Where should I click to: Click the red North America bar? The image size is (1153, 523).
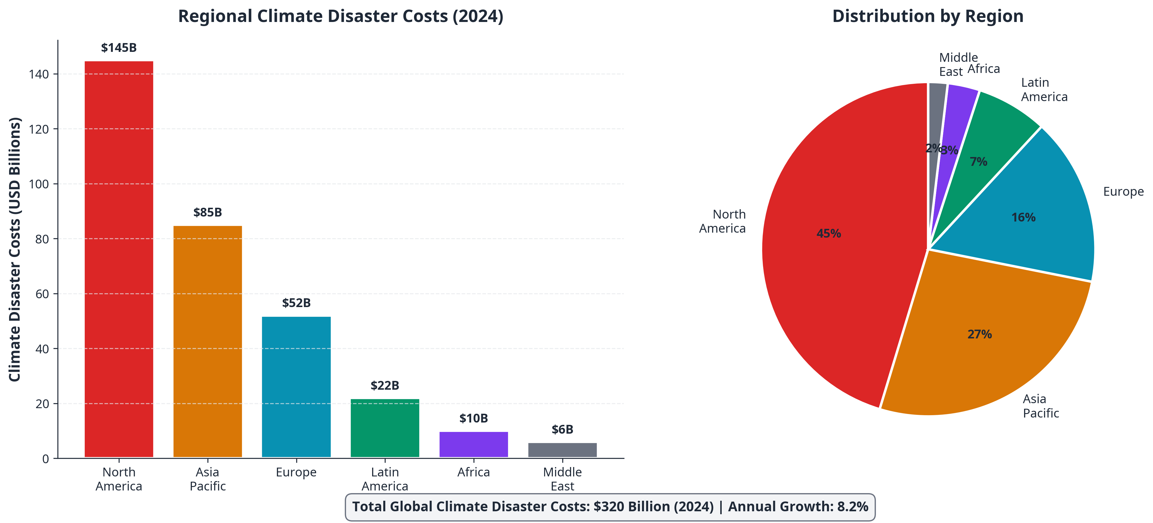click(x=119, y=260)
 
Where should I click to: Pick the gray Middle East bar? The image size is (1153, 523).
click(x=562, y=450)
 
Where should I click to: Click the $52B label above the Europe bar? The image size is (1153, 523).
click(x=296, y=303)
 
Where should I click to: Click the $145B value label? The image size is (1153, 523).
click(x=119, y=47)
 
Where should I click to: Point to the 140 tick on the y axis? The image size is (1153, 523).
click(x=39, y=74)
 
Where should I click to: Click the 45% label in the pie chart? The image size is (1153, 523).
click(x=829, y=234)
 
